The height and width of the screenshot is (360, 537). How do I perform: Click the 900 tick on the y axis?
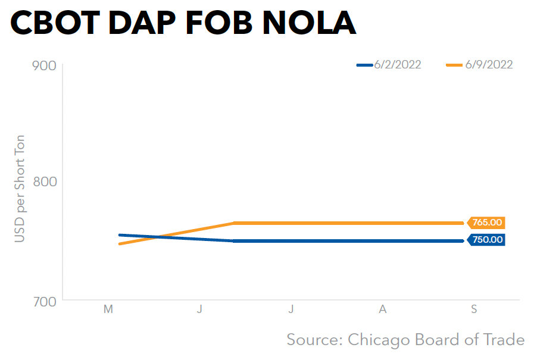click(x=43, y=65)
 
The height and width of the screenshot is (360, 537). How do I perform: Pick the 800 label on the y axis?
click(x=43, y=181)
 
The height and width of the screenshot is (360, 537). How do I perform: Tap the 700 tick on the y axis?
click(x=43, y=300)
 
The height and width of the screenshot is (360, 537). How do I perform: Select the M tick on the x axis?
click(x=108, y=309)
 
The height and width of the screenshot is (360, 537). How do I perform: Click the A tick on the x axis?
click(x=383, y=309)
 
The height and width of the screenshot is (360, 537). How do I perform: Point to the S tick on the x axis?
click(x=474, y=309)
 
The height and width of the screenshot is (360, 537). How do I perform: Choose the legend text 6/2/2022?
click(x=398, y=65)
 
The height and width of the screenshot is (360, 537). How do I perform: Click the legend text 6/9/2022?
click(x=489, y=65)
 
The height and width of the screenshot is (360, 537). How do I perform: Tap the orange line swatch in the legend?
click(x=456, y=65)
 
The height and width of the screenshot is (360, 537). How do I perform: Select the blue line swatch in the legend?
click(x=365, y=65)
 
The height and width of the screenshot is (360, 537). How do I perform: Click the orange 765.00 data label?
click(x=487, y=223)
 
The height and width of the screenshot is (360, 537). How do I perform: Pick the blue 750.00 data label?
click(x=487, y=240)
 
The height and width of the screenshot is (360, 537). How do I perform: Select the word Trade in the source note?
click(x=504, y=340)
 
